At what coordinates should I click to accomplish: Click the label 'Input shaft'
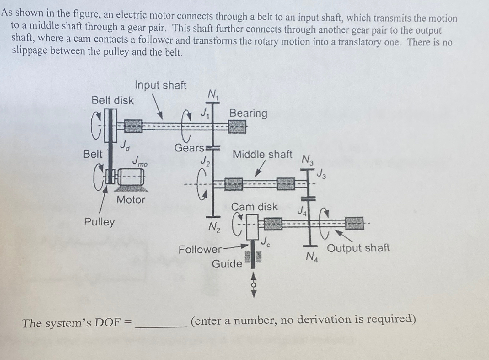coord(160,85)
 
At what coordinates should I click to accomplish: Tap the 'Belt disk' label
coord(112,100)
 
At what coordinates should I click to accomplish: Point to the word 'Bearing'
coord(248,113)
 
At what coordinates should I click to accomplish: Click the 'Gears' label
coord(189,148)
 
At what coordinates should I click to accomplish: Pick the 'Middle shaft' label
coord(262,154)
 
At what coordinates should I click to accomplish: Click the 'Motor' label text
coord(131,199)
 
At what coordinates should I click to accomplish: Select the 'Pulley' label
coord(99,222)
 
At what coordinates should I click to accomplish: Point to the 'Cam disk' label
coord(254,207)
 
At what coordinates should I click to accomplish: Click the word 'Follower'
coord(200,250)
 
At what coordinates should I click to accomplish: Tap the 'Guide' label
coord(227,264)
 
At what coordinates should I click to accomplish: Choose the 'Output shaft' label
coord(358,248)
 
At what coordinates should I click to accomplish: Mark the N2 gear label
coord(214,226)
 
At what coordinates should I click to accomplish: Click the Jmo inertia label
coord(139,162)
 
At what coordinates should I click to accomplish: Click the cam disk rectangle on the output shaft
coord(252,226)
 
